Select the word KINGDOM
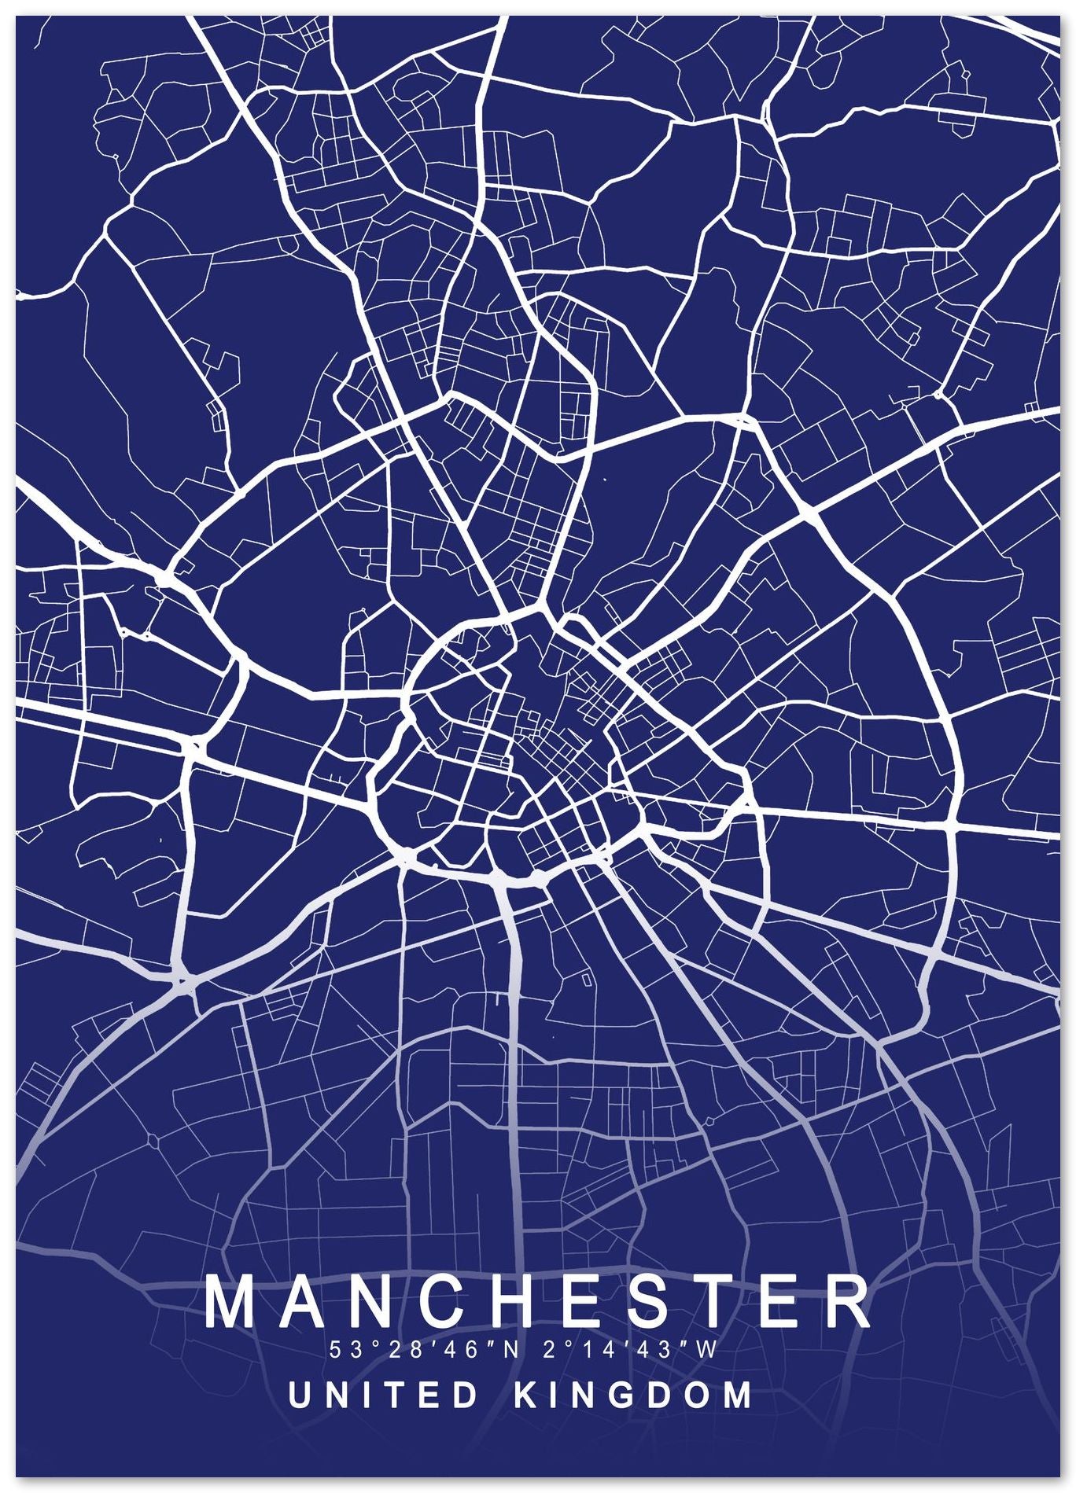point(632,1396)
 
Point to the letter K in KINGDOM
point(525,1396)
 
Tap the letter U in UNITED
point(300,1396)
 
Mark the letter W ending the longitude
point(706,1351)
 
